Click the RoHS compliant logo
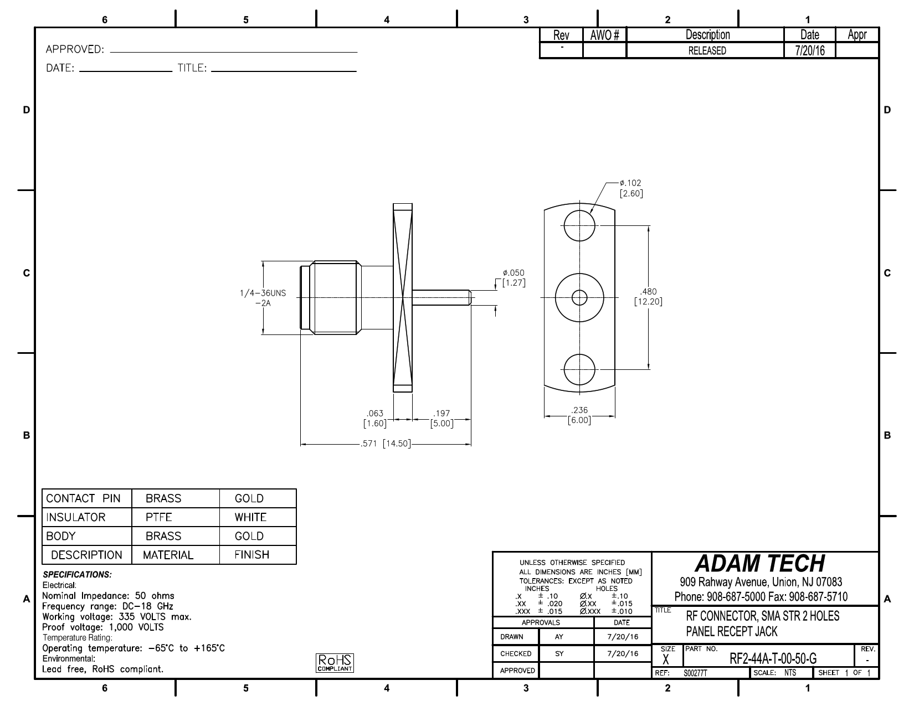point(335,663)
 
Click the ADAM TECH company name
point(760,564)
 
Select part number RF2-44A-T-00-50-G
point(773,658)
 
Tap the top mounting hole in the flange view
point(579,226)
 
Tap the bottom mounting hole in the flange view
point(579,369)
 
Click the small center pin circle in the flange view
point(579,298)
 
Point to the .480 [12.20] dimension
point(648,296)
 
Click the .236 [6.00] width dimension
point(579,415)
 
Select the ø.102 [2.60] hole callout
point(631,188)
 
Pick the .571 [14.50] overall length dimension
point(386,444)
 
